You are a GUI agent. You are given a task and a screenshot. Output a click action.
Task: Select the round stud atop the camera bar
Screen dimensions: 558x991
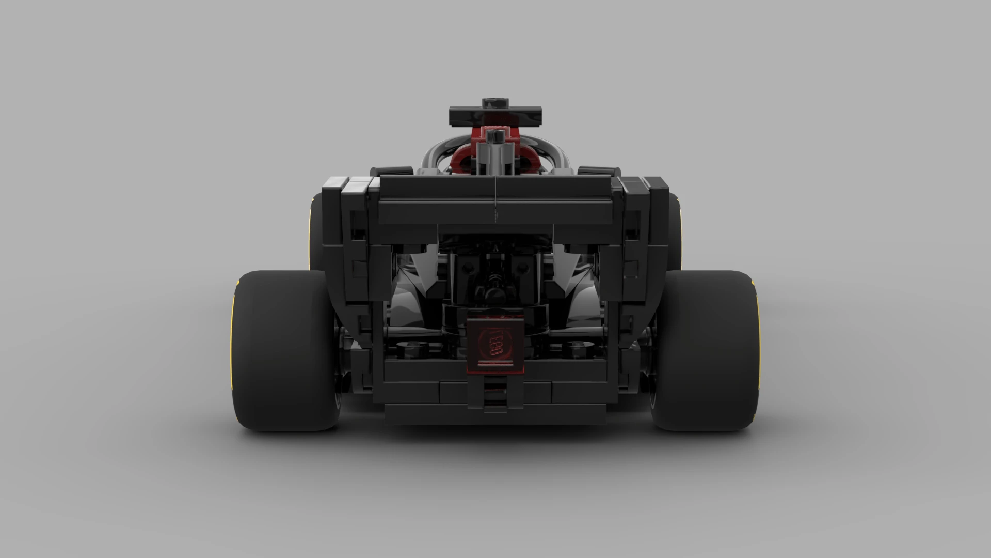pos(495,102)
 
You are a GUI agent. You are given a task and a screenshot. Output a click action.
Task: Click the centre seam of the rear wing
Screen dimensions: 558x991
pos(495,199)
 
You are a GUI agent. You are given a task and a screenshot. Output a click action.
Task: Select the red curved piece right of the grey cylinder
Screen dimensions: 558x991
pos(527,155)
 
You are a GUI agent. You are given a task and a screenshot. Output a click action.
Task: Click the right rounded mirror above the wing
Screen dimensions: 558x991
pos(598,171)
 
